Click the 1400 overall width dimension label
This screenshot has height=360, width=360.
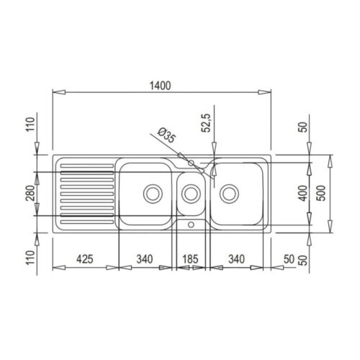pyautogui.click(x=160, y=86)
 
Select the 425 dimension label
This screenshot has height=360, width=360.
pyautogui.click(x=85, y=259)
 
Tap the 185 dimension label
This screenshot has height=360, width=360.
pyautogui.click(x=190, y=259)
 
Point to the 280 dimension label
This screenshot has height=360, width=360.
pyautogui.click(x=30, y=193)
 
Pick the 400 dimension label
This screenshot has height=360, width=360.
pyautogui.click(x=303, y=194)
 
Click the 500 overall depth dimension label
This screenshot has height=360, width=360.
pyautogui.click(x=321, y=194)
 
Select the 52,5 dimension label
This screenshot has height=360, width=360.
pyautogui.click(x=206, y=122)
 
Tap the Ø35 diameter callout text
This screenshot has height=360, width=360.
pyautogui.click(x=167, y=135)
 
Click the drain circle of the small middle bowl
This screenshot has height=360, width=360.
pyautogui.click(x=191, y=194)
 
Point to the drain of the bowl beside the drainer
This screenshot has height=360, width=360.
pyautogui.click(x=153, y=194)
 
